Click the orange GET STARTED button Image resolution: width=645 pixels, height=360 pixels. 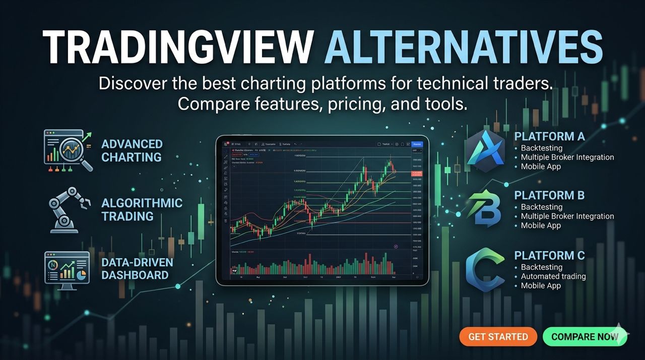[498, 337]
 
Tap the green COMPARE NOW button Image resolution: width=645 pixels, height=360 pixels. [585, 337]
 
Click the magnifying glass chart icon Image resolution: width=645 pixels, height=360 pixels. [68, 150]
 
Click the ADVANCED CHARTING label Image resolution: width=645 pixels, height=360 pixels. [132, 151]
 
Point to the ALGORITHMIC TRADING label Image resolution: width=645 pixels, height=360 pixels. [142, 210]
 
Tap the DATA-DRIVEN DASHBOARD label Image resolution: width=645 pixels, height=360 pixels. [137, 269]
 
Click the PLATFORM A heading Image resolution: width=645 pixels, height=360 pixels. [549, 137]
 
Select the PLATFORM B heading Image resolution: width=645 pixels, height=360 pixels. [549, 195]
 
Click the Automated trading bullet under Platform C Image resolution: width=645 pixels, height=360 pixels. [553, 276]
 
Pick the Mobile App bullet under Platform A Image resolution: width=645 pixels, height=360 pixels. [541, 166]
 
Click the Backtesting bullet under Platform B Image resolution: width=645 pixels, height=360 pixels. [541, 207]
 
